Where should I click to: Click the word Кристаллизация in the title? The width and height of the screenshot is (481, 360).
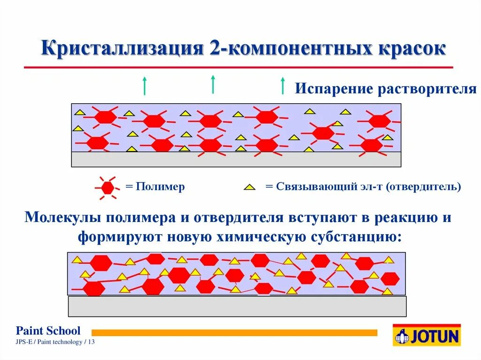[x=122, y=48]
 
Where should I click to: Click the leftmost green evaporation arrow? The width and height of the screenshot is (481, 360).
[x=145, y=85]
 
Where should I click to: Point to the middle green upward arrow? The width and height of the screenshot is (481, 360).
[x=213, y=84]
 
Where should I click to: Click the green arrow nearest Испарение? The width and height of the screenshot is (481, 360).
[x=282, y=85]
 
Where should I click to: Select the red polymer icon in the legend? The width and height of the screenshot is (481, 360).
[x=108, y=187]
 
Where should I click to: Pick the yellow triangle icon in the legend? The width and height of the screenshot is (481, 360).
[x=249, y=187]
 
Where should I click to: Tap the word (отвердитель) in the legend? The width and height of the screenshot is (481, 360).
[x=423, y=186]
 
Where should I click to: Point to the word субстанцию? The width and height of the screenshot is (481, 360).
[x=356, y=236]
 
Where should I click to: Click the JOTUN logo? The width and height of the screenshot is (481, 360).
[x=427, y=336]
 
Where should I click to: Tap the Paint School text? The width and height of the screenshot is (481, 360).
[x=48, y=330]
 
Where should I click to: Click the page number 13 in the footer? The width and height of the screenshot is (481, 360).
[x=91, y=342]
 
